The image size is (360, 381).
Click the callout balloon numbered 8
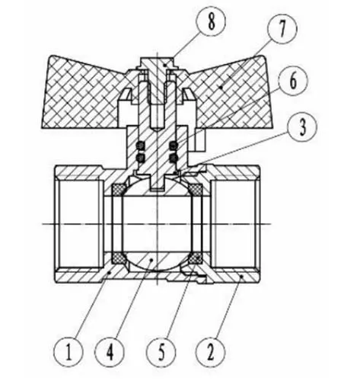click(212, 21)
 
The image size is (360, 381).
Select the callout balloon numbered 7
click(282, 29)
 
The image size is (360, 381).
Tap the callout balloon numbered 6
click(293, 81)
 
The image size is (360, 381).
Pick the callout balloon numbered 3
click(303, 126)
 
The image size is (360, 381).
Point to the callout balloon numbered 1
click(68, 352)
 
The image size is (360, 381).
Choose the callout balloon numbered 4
click(110, 352)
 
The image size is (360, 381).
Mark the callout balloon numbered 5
click(161, 352)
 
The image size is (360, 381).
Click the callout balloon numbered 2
click(210, 352)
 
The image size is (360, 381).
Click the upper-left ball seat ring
click(118, 189)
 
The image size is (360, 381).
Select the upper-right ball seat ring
click(196, 189)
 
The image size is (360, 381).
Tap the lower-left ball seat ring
click(118, 258)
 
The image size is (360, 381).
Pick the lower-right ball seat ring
click(196, 258)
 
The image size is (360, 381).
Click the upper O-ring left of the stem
click(140, 146)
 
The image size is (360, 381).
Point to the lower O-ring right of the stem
click(174, 158)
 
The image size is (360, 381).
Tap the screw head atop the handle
click(157, 62)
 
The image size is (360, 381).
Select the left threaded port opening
click(79, 224)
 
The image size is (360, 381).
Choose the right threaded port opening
click(235, 224)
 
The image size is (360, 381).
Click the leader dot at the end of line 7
click(221, 87)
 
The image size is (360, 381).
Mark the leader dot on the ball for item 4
click(151, 259)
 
